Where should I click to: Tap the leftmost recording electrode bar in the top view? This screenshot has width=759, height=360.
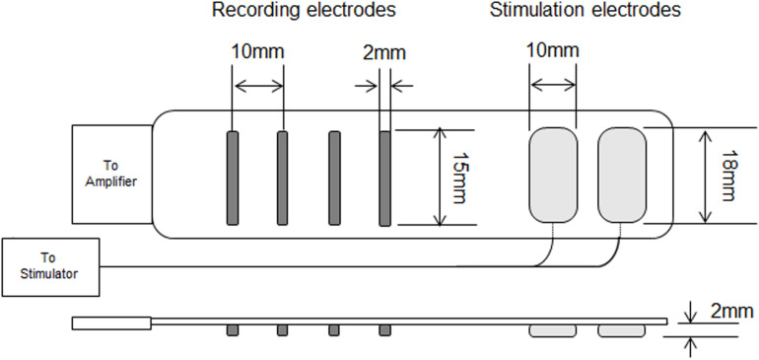(x=232, y=178)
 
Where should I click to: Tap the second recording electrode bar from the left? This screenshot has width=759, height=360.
(x=282, y=178)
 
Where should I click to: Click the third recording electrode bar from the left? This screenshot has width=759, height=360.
(x=334, y=178)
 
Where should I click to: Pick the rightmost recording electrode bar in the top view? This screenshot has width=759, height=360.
(x=385, y=178)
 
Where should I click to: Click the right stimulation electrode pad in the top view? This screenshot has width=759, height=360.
(x=621, y=176)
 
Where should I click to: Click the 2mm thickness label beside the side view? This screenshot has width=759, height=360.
(x=727, y=311)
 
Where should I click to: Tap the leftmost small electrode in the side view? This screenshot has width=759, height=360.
(x=232, y=328)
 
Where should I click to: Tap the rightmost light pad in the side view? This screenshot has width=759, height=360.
(x=621, y=329)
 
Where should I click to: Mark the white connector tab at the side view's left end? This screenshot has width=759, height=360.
(x=111, y=322)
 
